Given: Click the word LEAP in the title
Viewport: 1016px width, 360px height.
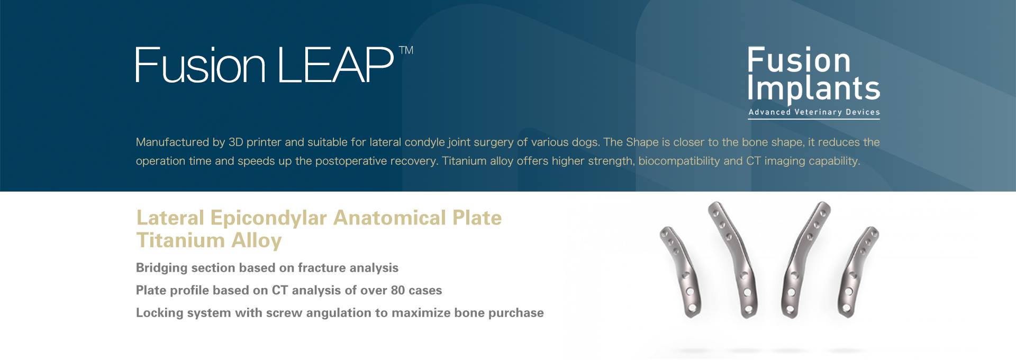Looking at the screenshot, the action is coord(335,65).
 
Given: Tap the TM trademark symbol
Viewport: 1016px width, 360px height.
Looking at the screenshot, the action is coord(406,50).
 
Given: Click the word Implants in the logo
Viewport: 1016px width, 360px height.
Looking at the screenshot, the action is coord(813,88).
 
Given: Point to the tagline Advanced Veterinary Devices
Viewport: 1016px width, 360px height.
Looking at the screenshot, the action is coord(814,112).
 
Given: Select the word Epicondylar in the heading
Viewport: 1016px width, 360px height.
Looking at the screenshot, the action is coord(268,218).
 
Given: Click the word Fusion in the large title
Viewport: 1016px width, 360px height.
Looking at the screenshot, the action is coord(201,65).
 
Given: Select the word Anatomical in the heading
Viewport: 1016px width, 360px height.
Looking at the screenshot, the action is coord(389,218).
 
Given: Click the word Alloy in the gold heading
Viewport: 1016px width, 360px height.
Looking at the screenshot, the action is coord(256,240).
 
